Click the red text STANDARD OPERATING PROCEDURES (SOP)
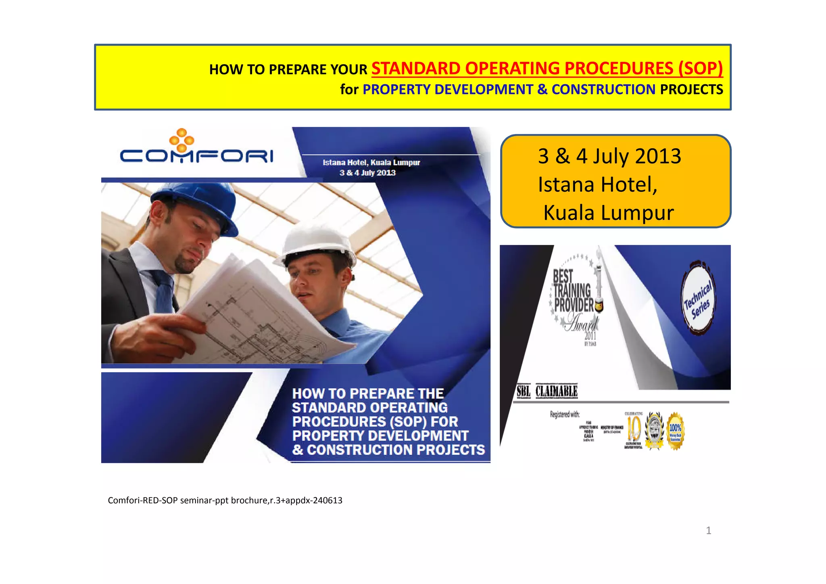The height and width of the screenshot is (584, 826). click(546, 68)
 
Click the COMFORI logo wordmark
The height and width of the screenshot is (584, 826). click(196, 156)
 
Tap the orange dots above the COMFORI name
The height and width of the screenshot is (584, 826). click(182, 140)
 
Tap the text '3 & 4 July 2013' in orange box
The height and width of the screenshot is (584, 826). click(609, 156)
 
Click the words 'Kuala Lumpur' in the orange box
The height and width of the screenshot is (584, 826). click(608, 213)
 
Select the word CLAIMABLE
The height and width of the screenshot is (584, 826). click(557, 391)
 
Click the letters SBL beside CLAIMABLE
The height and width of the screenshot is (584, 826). click(524, 391)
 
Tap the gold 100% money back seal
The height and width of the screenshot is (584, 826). click(675, 430)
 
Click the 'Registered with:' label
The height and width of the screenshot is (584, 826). click(565, 414)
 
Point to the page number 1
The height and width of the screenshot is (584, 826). click(708, 530)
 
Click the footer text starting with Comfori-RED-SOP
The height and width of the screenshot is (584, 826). click(225, 500)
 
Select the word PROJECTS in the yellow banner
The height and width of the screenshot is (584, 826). click(691, 89)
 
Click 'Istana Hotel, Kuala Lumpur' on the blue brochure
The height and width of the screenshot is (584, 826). click(371, 163)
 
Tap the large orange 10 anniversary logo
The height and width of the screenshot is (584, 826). click(634, 429)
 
